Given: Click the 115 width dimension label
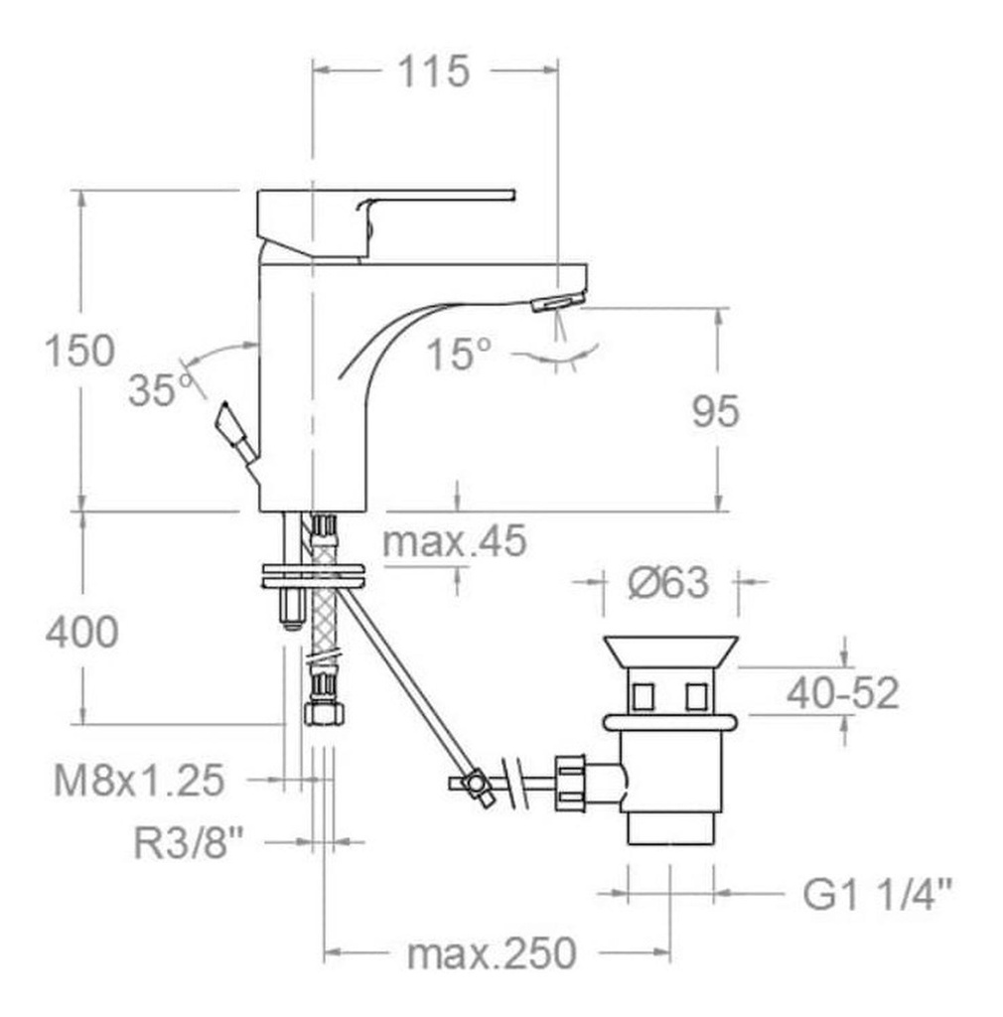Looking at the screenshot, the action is (x=433, y=72).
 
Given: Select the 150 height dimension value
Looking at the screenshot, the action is (x=79, y=351).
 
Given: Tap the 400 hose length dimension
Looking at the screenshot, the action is (x=81, y=632).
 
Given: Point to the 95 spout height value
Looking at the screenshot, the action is (x=715, y=411).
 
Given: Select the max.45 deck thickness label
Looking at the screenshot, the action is (x=455, y=541).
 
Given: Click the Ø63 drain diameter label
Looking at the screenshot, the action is (x=668, y=582).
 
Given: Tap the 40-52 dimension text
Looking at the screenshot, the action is (x=843, y=692).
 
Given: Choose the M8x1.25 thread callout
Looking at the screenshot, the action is (x=139, y=780).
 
